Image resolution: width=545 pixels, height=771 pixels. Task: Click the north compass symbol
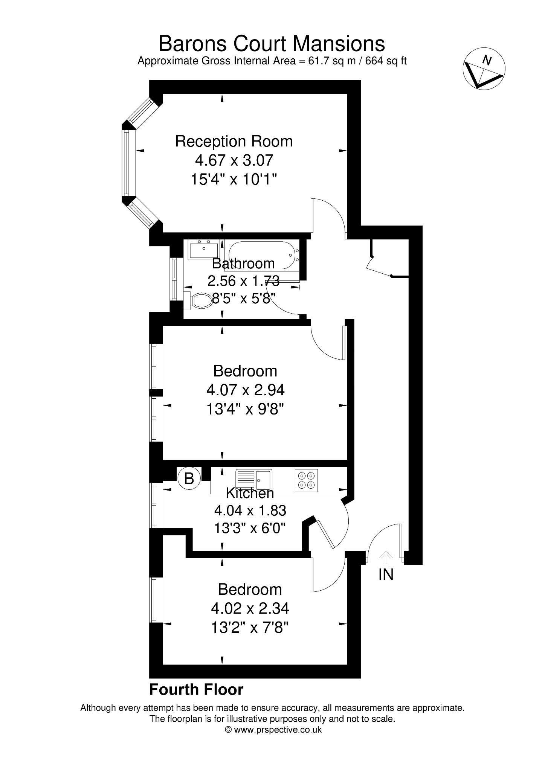pyautogui.click(x=484, y=69)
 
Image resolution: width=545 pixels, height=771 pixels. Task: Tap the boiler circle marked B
pyautogui.click(x=189, y=478)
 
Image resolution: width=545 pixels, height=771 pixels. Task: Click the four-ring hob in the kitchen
pyautogui.click(x=306, y=480)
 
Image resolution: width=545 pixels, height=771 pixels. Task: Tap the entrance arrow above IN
pyautogui.click(x=385, y=557)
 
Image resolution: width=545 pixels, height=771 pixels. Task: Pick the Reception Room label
pyautogui.click(x=234, y=142)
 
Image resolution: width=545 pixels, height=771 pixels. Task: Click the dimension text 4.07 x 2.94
pyautogui.click(x=246, y=390)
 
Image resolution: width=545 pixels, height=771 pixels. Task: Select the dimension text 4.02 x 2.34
pyautogui.click(x=250, y=608)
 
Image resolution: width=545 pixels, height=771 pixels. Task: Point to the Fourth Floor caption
pyautogui.click(x=196, y=690)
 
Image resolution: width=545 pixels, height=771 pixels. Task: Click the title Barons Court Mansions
pyautogui.click(x=272, y=43)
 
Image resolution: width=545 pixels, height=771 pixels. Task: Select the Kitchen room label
pyautogui.click(x=250, y=493)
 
